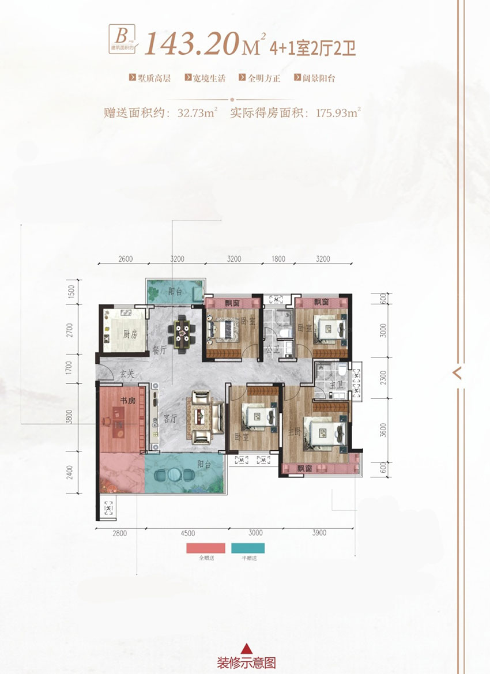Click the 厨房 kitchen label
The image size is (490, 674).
coord(130,334)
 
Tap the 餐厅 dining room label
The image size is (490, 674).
coord(160,349)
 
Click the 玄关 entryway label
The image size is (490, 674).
coord(127,375)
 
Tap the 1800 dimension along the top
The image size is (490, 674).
coord(278,259)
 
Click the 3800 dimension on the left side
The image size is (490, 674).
coord(70,416)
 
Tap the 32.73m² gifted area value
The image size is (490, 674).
coord(193,113)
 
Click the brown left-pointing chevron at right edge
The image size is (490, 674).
coord(458,372)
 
